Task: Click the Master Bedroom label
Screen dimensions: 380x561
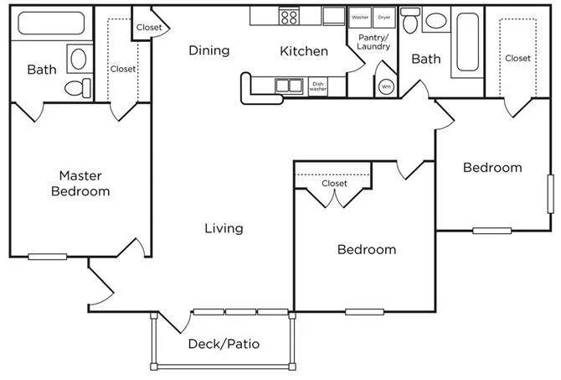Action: (x=80, y=183)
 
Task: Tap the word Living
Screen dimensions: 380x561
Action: (x=224, y=227)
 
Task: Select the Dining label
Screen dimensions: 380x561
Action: (x=208, y=50)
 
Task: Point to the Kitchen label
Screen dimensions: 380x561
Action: (x=303, y=51)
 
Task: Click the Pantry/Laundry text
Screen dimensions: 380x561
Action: (x=373, y=42)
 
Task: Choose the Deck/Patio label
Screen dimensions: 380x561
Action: (x=223, y=343)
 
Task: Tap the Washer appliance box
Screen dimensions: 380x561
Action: (x=360, y=17)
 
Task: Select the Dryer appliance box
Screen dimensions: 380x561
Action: (x=384, y=17)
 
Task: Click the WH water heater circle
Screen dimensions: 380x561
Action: (x=386, y=86)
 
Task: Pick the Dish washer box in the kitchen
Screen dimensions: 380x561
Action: (x=318, y=86)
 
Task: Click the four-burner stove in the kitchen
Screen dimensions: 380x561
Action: (x=289, y=16)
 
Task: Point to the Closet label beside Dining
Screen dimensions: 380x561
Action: (x=148, y=27)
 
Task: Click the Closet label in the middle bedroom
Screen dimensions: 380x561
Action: (x=334, y=183)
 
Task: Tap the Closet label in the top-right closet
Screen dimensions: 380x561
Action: (x=517, y=58)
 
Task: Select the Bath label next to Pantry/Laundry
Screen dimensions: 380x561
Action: (x=425, y=59)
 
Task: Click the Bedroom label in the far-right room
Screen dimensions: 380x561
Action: (x=492, y=167)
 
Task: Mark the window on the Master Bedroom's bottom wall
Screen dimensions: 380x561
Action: (x=47, y=256)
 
